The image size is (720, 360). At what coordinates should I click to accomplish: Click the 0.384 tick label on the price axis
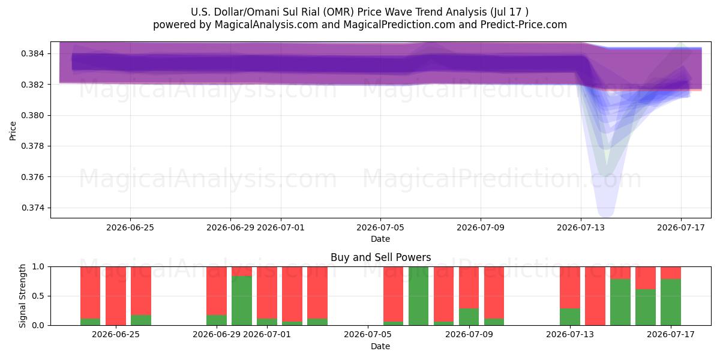[x=32, y=53]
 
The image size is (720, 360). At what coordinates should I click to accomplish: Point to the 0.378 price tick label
[x=32, y=146]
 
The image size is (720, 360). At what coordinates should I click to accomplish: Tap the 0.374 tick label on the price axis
[x=32, y=208]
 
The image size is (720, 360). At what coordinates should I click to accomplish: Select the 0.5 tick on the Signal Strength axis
[x=38, y=296]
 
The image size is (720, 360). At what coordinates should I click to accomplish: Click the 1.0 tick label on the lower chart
[x=38, y=266]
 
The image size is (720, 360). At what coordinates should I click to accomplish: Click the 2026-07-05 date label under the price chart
[x=380, y=227]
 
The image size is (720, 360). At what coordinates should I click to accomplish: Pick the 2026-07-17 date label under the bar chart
[x=671, y=335]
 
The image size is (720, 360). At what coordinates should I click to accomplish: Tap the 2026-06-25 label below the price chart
[x=130, y=227]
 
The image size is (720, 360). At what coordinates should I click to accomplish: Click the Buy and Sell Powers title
[x=380, y=257]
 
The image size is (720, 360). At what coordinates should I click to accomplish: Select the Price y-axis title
[x=13, y=131]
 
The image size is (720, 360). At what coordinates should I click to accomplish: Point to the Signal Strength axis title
[x=22, y=296]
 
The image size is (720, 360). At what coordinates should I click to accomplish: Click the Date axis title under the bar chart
[x=380, y=346]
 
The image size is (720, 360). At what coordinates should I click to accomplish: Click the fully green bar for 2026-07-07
[x=418, y=296]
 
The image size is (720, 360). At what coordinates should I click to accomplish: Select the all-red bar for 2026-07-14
[x=595, y=296]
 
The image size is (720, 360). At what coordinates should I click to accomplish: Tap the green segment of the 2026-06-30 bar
[x=242, y=301]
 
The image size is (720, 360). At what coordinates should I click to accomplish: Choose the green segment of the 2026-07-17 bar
[x=671, y=302]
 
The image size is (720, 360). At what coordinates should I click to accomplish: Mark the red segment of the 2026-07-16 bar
[x=646, y=278]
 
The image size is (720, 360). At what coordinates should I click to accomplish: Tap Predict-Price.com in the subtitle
[x=524, y=25]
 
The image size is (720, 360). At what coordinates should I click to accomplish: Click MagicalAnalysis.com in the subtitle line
[x=266, y=25]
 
